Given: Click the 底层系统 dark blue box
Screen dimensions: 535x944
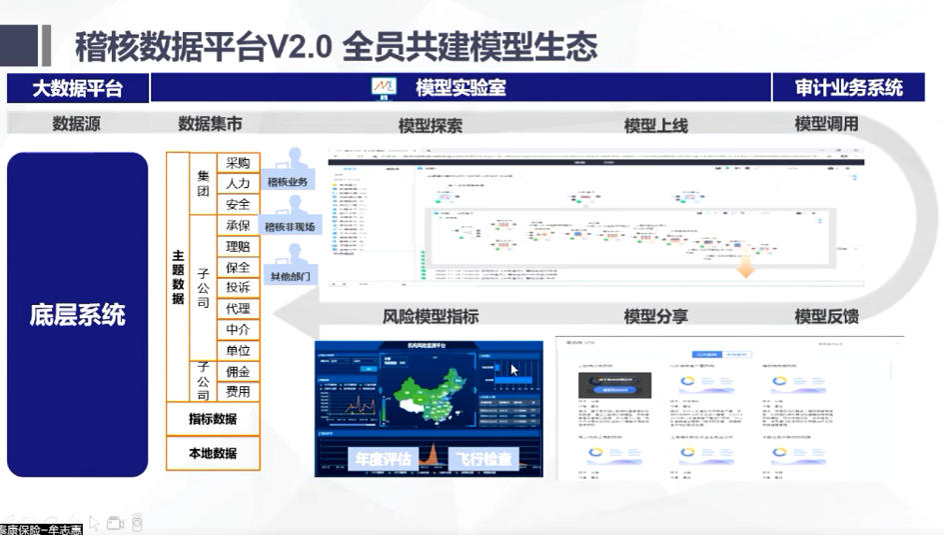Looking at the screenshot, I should tap(78, 315).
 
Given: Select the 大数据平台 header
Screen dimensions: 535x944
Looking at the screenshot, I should tap(78, 88).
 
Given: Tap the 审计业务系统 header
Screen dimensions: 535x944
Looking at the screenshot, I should tap(849, 88).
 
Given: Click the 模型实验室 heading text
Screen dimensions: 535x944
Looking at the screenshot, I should tap(461, 88).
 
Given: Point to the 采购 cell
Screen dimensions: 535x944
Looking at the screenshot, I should tap(238, 163).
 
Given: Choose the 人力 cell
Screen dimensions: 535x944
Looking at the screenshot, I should tap(238, 184).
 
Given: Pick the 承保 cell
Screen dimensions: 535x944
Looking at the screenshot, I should tap(238, 226).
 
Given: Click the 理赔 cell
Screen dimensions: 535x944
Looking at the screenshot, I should tap(238, 247).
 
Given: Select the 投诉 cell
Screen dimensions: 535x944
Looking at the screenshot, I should tap(238, 288).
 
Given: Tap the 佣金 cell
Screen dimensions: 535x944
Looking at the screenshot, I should tap(238, 371).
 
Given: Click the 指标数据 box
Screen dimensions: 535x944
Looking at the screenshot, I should tap(213, 419).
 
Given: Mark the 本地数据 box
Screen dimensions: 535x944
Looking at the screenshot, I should tap(213, 453).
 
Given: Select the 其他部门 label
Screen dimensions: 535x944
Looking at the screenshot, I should tap(290, 276).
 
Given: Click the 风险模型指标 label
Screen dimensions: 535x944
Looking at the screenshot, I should tap(431, 317).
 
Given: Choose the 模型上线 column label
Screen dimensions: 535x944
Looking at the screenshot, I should tap(656, 125).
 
